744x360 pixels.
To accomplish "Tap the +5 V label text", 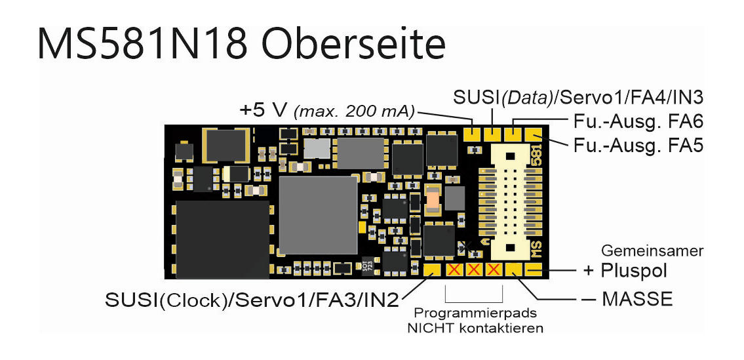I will click(x=259, y=110).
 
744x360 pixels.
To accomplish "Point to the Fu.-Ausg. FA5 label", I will click(x=637, y=144).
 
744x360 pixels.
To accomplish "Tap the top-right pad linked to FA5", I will click(x=534, y=134).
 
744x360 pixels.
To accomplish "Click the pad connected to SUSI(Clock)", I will click(x=433, y=270).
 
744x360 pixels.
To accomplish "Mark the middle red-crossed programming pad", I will click(x=474, y=270).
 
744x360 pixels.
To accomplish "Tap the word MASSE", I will click(x=637, y=299).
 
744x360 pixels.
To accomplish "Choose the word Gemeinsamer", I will click(x=652, y=251).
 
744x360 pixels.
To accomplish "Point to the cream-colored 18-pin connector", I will click(x=512, y=197).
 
